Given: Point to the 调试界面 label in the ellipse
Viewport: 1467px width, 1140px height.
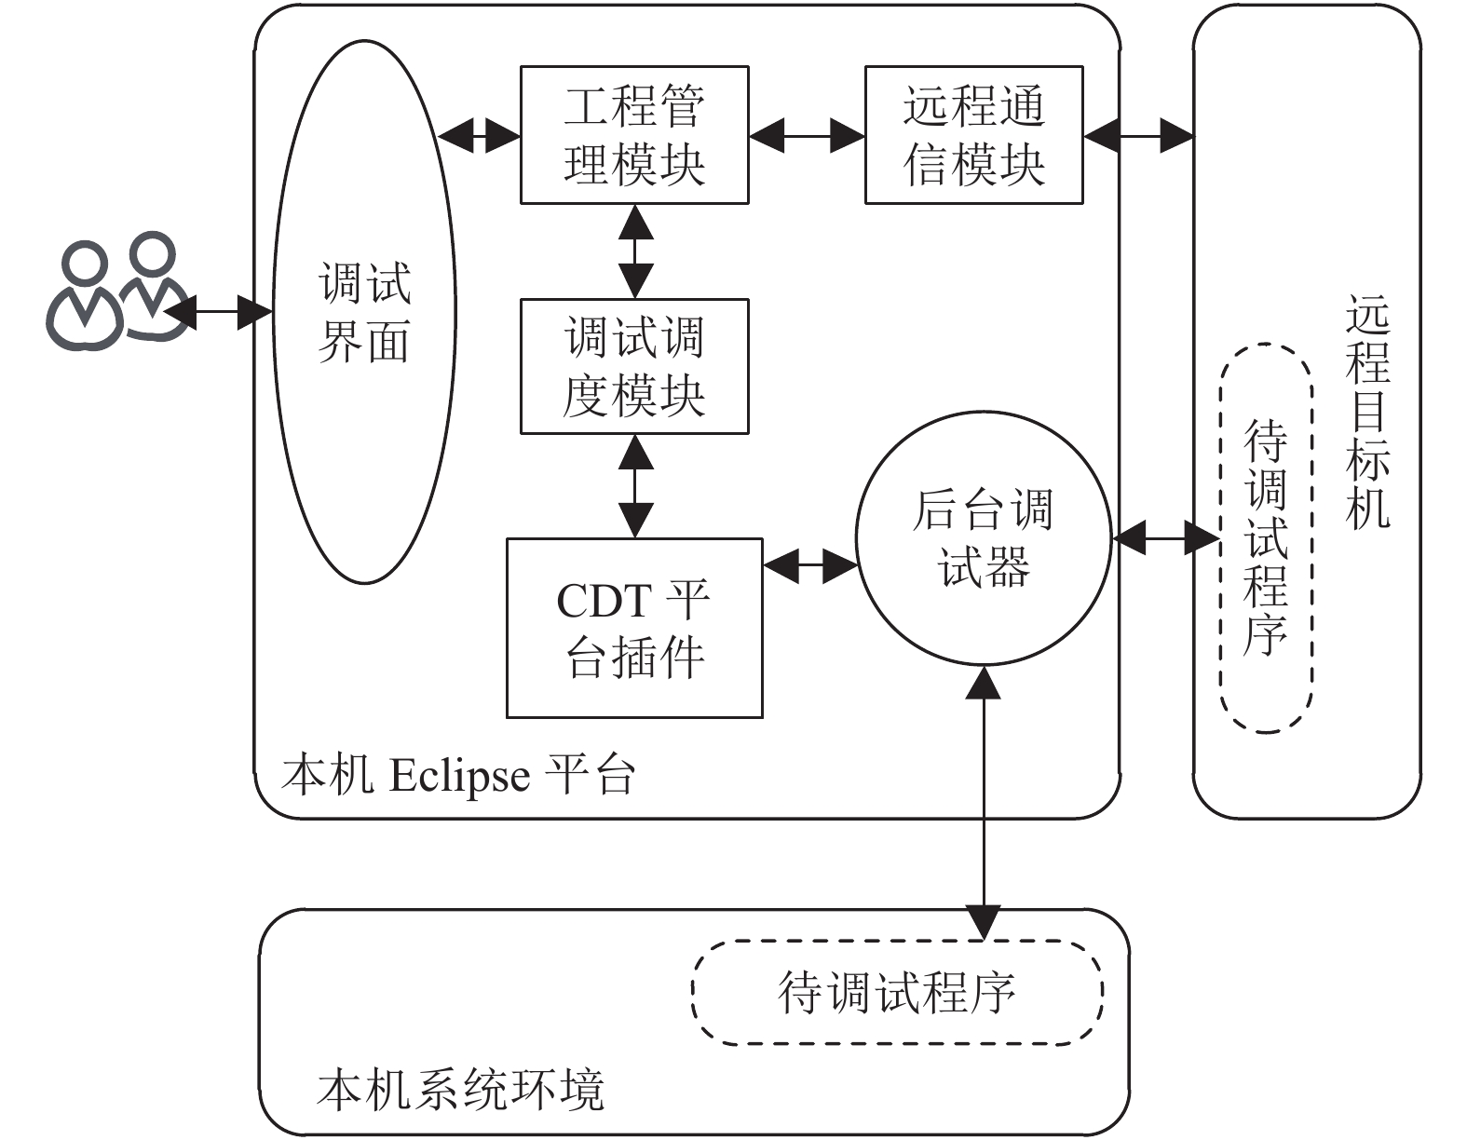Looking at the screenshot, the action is (x=364, y=312).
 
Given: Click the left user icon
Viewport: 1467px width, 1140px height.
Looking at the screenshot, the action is (x=84, y=295).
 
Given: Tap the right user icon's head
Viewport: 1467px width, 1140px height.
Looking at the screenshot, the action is (x=153, y=253).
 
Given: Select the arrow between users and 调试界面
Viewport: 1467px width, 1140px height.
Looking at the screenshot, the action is (x=217, y=312).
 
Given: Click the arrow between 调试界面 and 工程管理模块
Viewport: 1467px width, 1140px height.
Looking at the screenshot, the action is (x=479, y=136).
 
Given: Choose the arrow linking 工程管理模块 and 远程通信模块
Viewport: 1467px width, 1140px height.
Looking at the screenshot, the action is (x=807, y=136).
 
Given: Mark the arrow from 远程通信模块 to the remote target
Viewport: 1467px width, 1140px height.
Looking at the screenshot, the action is (x=1139, y=136).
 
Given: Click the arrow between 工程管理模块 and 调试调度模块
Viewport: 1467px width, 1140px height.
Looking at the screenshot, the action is (x=635, y=251).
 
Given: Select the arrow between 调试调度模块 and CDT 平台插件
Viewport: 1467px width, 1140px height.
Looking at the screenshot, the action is (x=635, y=486).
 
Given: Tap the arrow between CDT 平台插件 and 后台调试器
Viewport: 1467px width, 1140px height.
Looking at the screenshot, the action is (x=810, y=565).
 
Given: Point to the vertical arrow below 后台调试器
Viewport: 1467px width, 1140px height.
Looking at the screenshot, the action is (x=984, y=803).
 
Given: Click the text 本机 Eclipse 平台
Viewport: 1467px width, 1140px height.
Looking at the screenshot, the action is (x=458, y=775).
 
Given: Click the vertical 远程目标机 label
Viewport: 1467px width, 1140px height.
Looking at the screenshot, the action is (x=1367, y=411).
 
